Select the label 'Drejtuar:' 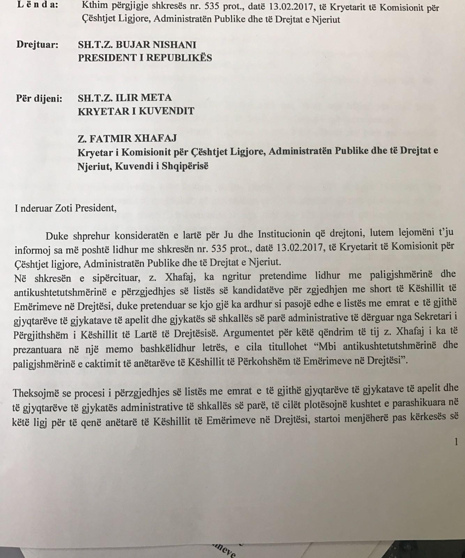tap(38, 45)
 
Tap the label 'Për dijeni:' tap(39, 99)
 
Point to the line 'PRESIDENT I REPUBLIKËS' tap(145, 58)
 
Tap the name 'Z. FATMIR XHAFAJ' tap(127, 138)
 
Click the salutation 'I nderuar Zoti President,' tap(65, 208)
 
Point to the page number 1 tap(456, 442)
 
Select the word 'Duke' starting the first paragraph tap(58, 236)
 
